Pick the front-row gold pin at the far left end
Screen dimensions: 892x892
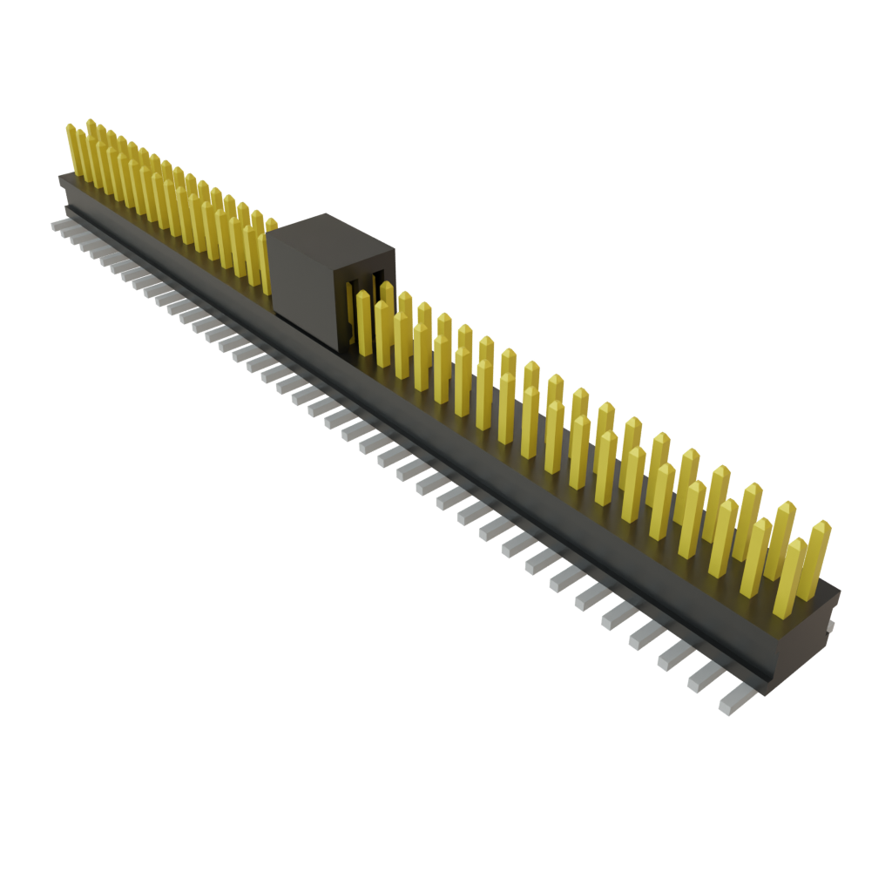[x=72, y=148]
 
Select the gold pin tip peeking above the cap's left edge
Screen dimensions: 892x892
[x=272, y=224]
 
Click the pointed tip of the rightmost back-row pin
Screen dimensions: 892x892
[x=821, y=524]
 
